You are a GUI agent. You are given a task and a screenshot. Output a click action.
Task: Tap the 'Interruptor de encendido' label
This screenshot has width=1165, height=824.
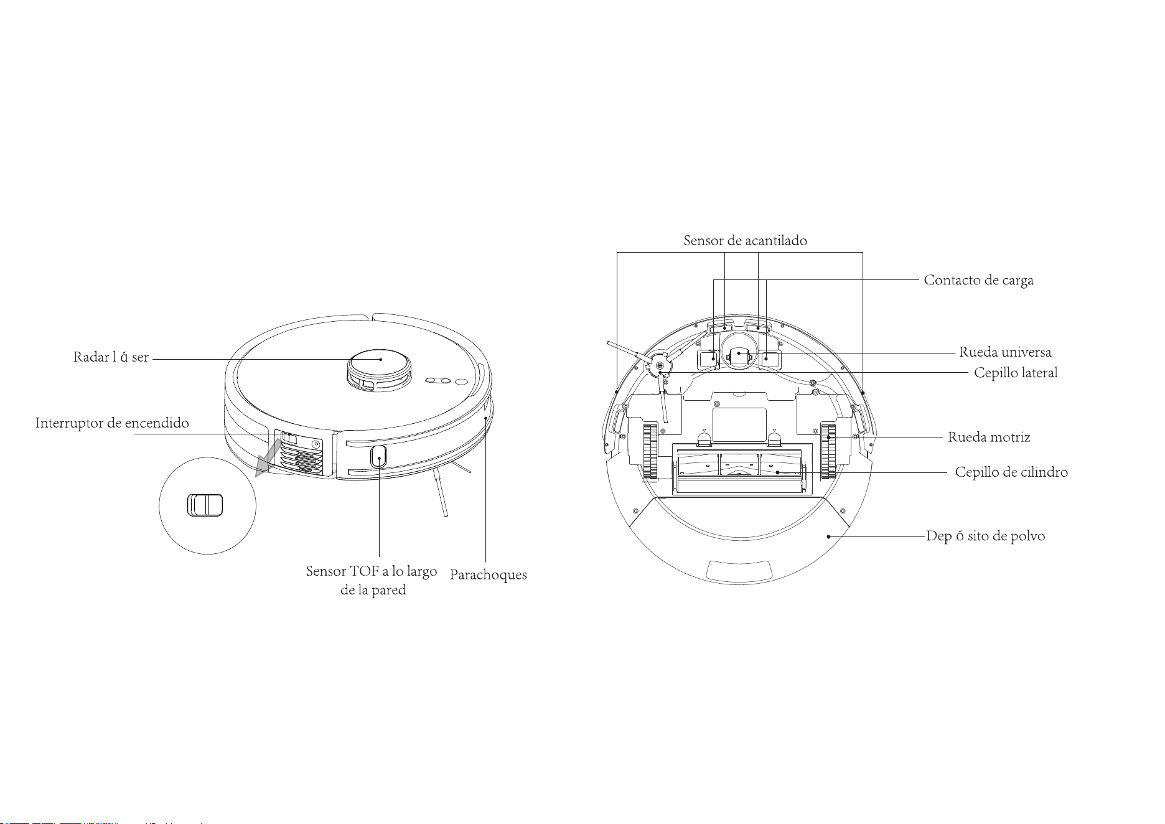point(112,423)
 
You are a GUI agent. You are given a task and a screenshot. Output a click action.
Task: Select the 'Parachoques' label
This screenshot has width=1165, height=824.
point(489,575)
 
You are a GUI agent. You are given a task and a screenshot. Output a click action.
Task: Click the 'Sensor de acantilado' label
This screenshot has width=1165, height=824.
point(745,241)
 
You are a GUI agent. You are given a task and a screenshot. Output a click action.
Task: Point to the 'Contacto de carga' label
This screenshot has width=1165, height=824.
point(979,280)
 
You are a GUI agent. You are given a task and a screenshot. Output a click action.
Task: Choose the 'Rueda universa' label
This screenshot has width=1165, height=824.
point(1005,352)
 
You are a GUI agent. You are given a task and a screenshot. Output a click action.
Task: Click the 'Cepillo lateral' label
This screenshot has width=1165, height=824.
point(1016,373)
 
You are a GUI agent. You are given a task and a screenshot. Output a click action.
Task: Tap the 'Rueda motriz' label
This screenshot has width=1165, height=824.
point(989,438)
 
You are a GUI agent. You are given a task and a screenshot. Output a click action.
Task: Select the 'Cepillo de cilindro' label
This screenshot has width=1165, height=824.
point(1011,472)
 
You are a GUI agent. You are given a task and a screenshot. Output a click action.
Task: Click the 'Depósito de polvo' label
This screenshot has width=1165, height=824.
point(986,536)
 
